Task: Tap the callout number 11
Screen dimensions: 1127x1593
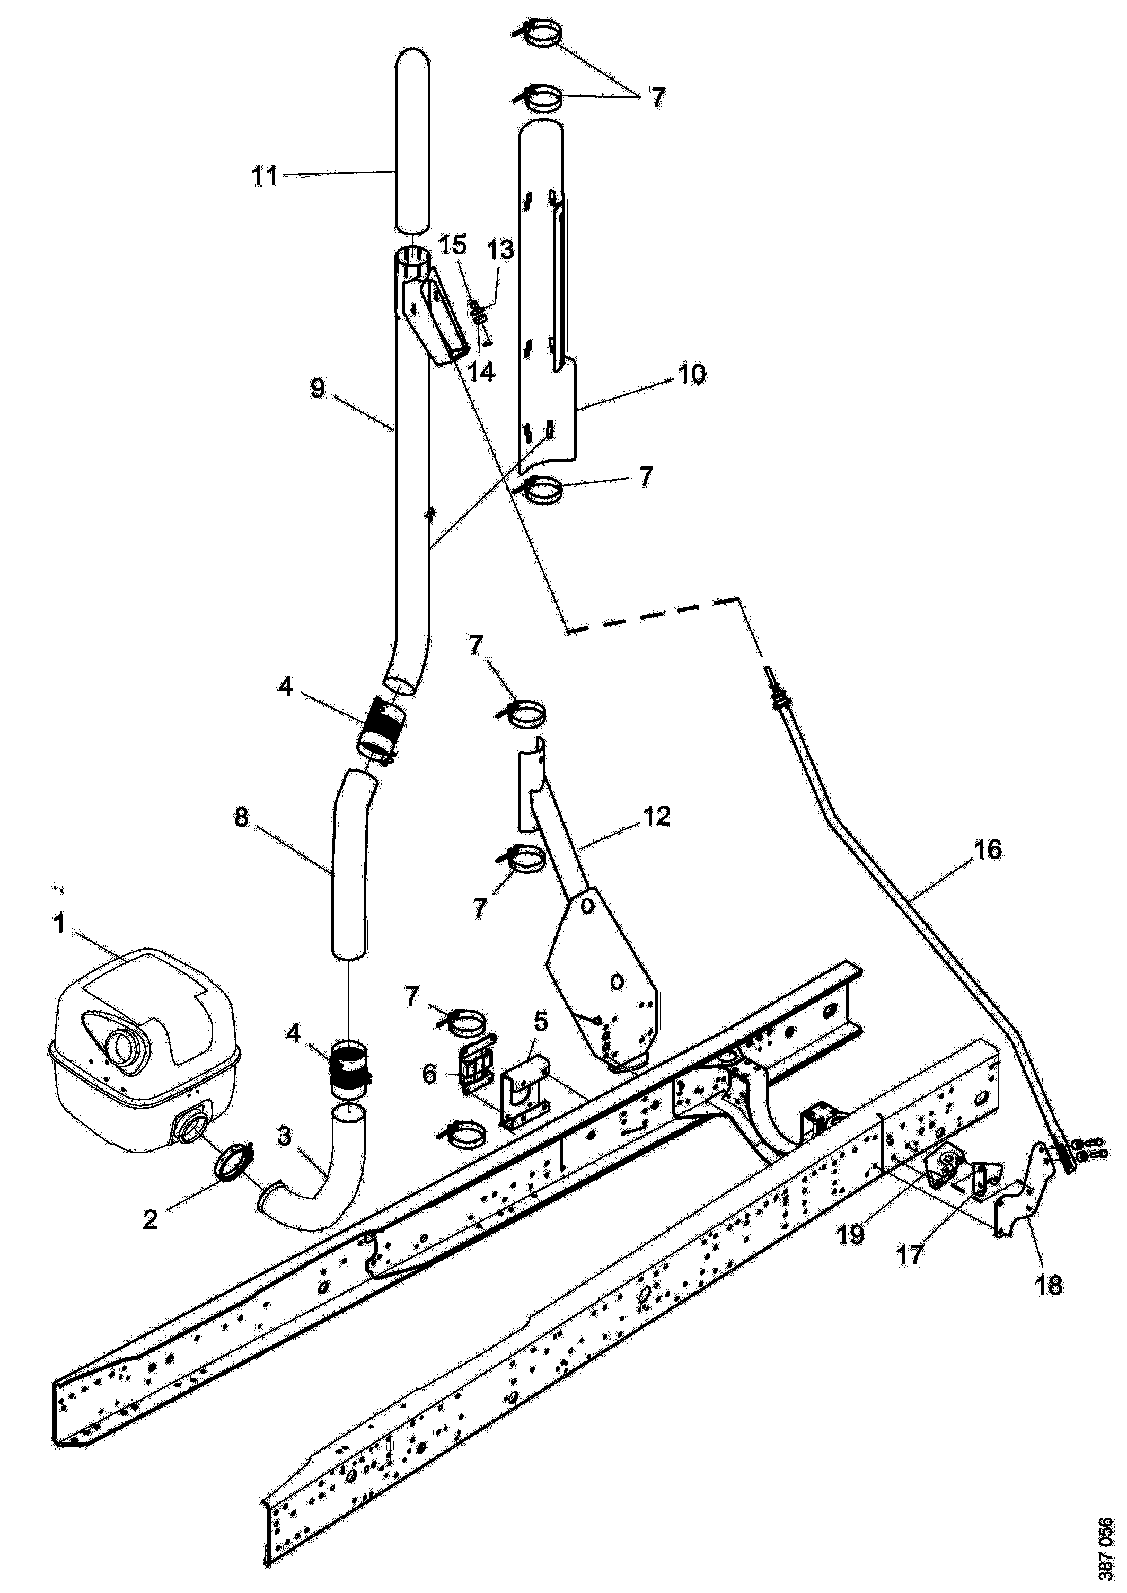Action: point(265,176)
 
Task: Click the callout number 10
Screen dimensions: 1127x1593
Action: point(692,374)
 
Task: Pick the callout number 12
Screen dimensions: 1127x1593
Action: point(656,816)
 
